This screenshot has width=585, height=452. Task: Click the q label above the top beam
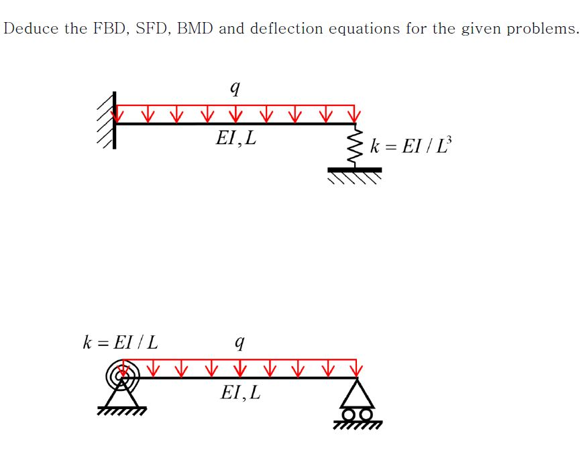pyautogui.click(x=234, y=87)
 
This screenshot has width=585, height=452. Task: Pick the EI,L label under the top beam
pyautogui.click(x=235, y=139)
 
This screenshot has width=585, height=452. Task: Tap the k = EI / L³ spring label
pyautogui.click(x=411, y=146)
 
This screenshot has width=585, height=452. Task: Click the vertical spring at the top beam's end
pyautogui.click(x=356, y=146)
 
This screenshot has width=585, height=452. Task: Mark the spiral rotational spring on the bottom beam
pyautogui.click(x=122, y=377)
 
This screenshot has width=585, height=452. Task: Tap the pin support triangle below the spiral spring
pyautogui.click(x=122, y=398)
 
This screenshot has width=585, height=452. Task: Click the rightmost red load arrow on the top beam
pyautogui.click(x=355, y=114)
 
